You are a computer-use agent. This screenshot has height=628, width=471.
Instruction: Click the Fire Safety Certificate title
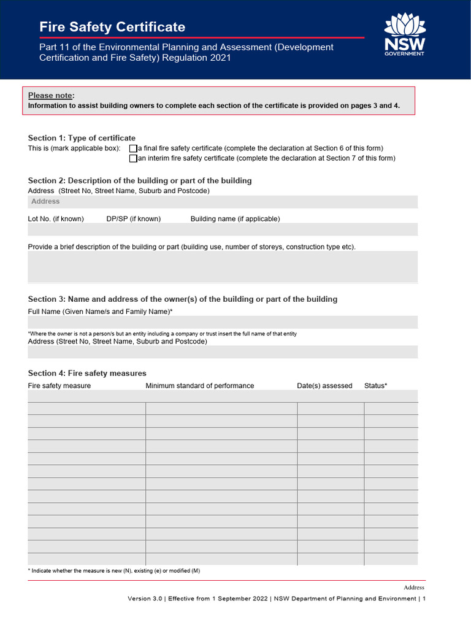click(112, 27)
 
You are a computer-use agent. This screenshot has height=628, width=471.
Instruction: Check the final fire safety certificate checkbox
click(133, 148)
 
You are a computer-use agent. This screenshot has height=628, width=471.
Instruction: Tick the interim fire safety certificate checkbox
click(133, 158)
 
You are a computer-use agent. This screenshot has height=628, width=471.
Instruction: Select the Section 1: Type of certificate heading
click(82, 138)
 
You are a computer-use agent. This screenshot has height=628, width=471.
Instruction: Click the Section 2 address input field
click(223, 202)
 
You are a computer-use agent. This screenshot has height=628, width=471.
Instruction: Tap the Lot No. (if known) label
click(56, 219)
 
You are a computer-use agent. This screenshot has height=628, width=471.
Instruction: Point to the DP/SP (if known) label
click(133, 219)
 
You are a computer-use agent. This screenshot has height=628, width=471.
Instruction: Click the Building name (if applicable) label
click(235, 219)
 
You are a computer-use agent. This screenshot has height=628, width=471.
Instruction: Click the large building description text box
click(223, 267)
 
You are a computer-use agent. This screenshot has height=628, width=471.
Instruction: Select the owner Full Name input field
click(223, 322)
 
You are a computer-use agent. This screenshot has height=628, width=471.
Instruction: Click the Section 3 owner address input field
click(223, 351)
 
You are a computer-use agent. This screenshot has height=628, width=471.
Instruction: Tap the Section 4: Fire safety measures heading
click(87, 373)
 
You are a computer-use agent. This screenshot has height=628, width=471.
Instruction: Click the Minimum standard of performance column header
click(199, 386)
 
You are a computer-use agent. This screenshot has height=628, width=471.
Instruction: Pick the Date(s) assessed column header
click(324, 386)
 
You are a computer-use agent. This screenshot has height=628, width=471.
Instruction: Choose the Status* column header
click(375, 386)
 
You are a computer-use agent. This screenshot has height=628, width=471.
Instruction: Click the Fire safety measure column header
click(59, 386)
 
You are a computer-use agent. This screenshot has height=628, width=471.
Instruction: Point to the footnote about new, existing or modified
click(114, 571)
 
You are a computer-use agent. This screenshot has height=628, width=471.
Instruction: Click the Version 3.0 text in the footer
click(146, 599)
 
